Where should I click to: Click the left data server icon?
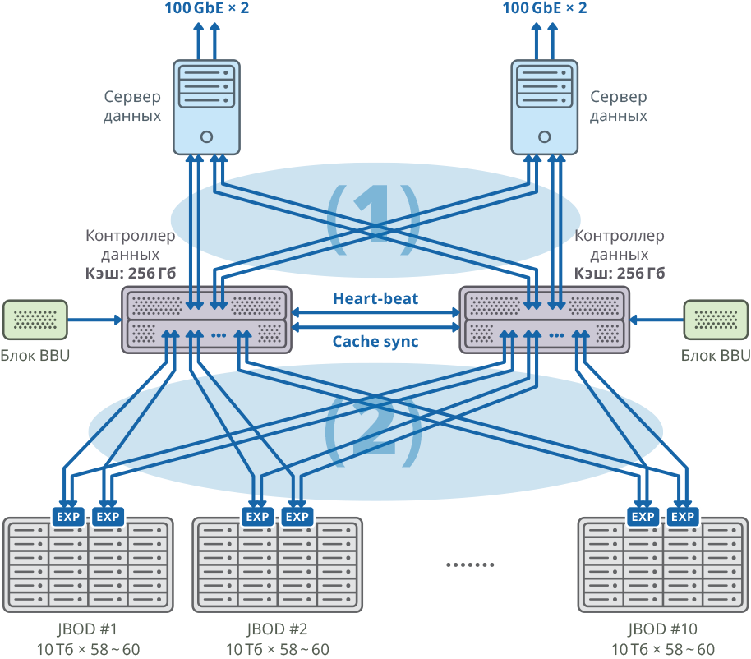[x=207, y=107]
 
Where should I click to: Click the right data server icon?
[x=543, y=107]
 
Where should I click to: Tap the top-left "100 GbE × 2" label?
[x=205, y=9]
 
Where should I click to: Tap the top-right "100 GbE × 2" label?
[x=545, y=9]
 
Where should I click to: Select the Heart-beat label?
[x=375, y=298]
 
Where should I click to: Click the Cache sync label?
[x=375, y=341]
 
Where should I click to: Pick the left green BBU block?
[x=35, y=320]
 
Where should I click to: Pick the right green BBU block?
[x=716, y=320]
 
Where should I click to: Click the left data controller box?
[x=207, y=320]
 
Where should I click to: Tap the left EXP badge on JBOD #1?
[x=68, y=516]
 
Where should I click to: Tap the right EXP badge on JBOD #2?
[x=297, y=516]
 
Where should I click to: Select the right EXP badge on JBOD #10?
[x=683, y=516]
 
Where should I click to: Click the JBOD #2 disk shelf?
[x=277, y=567]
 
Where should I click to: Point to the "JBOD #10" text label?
[x=663, y=629]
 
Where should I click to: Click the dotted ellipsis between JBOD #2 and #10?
[x=470, y=565]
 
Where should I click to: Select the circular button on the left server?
[x=207, y=136]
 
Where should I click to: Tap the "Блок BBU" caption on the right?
[x=716, y=356]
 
